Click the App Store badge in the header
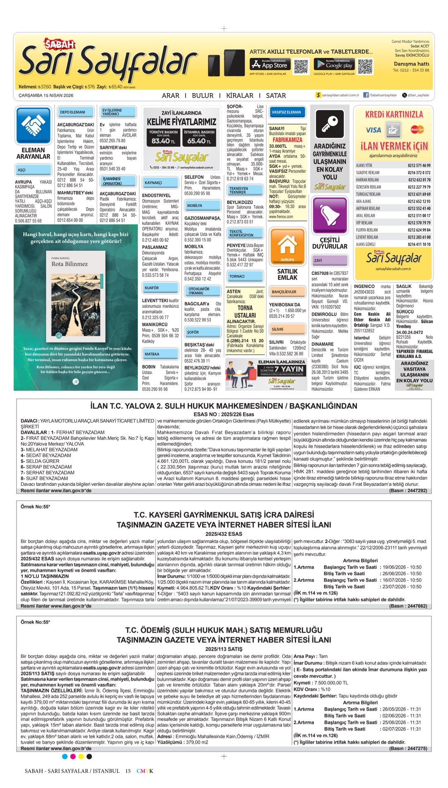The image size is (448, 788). (x=269, y=64)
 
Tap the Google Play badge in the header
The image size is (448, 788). (x=334, y=64)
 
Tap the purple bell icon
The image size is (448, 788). (x=329, y=214)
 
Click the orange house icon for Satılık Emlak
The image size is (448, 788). (x=287, y=245)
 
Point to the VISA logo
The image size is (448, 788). (x=373, y=130)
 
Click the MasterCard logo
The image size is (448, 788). (x=417, y=130)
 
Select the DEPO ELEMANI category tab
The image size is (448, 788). (x=72, y=112)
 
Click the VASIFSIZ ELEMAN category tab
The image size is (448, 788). (x=286, y=112)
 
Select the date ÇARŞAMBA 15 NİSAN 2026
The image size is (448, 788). (x=46, y=96)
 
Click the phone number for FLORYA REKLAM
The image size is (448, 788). (x=419, y=230)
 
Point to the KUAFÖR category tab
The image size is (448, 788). (x=152, y=288)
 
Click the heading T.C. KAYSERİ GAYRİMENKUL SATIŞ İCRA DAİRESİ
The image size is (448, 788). (x=223, y=515)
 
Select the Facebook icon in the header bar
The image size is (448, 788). (x=366, y=95)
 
